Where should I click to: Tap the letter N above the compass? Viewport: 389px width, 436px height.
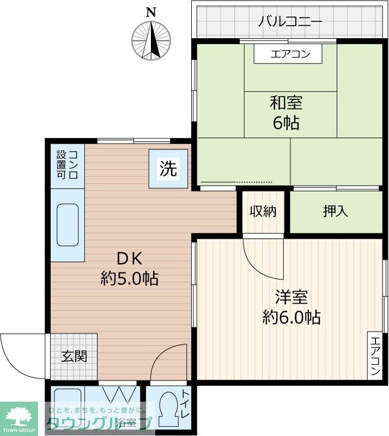pos(151,12)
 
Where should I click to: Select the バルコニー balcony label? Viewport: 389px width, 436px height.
pos(290,22)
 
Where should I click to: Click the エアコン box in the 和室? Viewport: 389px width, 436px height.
pos(290,53)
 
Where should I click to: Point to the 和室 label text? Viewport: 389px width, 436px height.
pos(286,102)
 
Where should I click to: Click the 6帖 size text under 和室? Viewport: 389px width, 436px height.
pos(286,123)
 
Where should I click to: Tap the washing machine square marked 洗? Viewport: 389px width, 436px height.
pos(168,169)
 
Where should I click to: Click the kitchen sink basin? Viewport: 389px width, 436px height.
pos(68,224)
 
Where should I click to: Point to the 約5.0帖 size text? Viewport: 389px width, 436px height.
pos(130,279)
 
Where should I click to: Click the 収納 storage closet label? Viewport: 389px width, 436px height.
pos(263,211)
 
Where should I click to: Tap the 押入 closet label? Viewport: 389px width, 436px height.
pos(335,211)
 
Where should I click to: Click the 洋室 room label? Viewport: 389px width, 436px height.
pos(291,297)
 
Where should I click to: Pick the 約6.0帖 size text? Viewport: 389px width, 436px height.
pos(291,317)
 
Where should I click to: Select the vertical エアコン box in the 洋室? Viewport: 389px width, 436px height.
pos(375,355)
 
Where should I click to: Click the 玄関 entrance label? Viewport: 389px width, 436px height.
pos(74,357)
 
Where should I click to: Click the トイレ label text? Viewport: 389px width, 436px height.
pos(185,407)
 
